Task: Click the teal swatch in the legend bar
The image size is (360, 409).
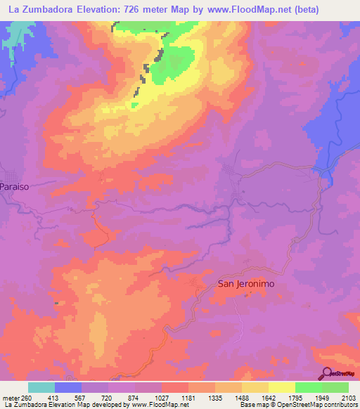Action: click(x=41, y=387)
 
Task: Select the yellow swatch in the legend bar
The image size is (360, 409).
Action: click(x=281, y=387)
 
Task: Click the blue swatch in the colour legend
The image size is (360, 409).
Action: click(x=68, y=387)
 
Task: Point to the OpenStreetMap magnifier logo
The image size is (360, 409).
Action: click(x=326, y=374)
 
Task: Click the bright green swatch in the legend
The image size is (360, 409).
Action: click(x=308, y=387)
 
